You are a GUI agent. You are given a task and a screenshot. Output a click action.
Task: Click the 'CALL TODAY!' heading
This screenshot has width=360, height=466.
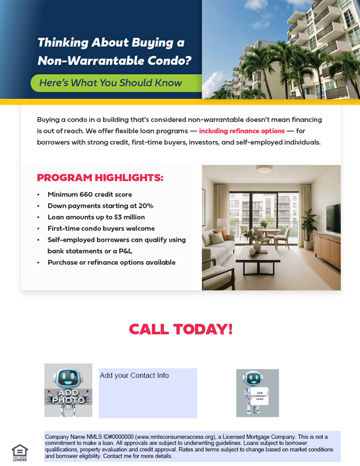(181, 329)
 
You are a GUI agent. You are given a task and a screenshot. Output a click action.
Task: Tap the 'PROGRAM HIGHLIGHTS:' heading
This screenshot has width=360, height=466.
(100, 178)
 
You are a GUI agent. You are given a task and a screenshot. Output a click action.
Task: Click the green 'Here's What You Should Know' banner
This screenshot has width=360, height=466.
(111, 83)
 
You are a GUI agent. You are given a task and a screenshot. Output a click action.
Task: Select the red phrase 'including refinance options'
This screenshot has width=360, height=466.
(242, 131)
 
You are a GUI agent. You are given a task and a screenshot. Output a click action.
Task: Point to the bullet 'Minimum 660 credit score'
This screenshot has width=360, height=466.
(89, 195)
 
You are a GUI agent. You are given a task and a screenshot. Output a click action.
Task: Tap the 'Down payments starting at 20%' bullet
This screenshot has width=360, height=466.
(100, 206)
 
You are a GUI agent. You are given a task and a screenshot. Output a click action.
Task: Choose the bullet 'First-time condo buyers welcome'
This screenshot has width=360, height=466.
(101, 228)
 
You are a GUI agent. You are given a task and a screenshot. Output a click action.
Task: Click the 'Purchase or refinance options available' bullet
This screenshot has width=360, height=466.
(111, 262)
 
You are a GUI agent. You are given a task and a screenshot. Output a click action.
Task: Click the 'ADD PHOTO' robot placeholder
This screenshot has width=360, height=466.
(68, 391)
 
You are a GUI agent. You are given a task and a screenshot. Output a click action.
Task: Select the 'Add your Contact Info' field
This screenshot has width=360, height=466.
(148, 393)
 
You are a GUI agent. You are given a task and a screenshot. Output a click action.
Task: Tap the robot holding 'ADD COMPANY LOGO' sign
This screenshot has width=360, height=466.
(257, 393)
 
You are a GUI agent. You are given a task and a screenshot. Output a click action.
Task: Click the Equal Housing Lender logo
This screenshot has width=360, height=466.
(19, 452)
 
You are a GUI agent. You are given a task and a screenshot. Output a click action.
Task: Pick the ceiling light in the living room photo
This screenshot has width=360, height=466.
(264, 170)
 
